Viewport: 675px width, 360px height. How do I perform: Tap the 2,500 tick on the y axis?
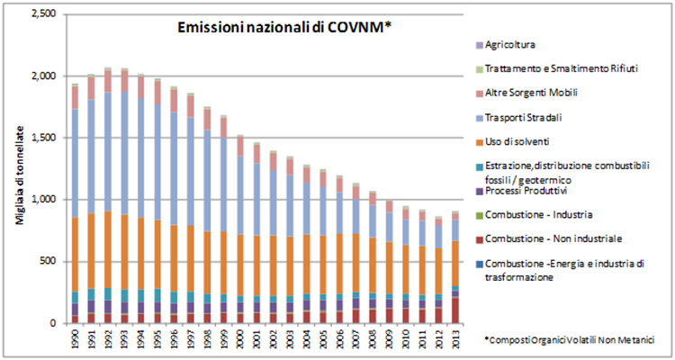pyautogui.click(x=42, y=14)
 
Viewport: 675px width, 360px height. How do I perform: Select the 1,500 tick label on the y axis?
pyautogui.click(x=42, y=138)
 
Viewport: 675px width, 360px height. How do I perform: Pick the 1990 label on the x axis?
pyautogui.click(x=75, y=337)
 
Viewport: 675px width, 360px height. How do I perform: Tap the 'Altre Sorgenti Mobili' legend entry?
pyautogui.click(x=531, y=93)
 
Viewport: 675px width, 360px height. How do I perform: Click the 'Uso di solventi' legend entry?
pyautogui.click(x=519, y=141)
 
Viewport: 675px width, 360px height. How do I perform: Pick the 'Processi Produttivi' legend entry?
pyautogui.click(x=526, y=192)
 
